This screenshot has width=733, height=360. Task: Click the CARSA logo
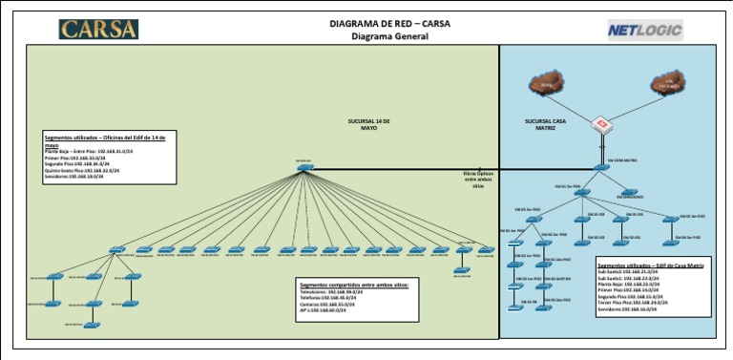(98, 29)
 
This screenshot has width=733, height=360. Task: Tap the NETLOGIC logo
(645, 31)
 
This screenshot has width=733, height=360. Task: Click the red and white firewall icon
(601, 125)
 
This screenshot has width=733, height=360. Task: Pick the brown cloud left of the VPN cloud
(546, 87)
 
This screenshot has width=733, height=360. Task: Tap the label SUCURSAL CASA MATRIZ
(547, 125)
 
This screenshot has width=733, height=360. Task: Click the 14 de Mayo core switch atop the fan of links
(304, 167)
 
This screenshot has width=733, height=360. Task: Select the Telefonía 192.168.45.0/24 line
(328, 298)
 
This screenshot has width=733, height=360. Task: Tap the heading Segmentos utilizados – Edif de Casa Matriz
(650, 265)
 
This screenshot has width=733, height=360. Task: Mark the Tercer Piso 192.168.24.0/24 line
(634, 302)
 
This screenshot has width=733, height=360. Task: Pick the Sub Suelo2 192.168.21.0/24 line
(628, 272)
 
